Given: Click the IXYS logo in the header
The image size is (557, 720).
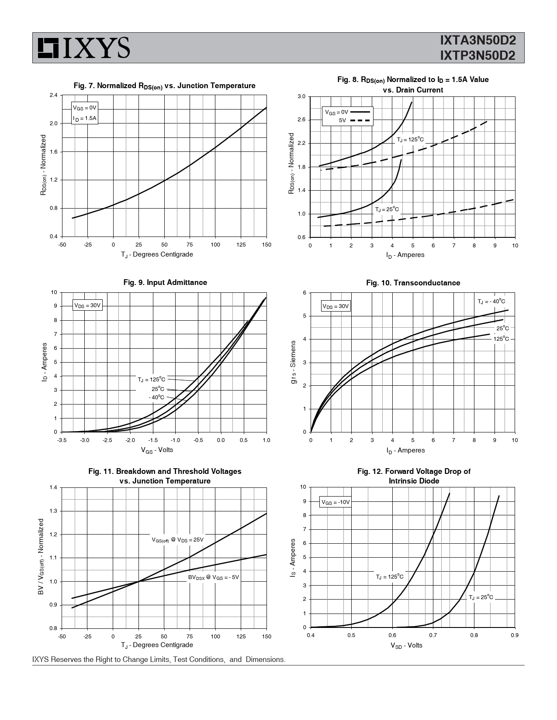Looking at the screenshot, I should pos(83,48).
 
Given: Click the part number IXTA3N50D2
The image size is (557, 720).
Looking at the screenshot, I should pos(478,41).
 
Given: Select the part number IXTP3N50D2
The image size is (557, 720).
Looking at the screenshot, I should pos(478,55).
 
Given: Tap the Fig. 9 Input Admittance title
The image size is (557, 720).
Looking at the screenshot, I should pos(165,282).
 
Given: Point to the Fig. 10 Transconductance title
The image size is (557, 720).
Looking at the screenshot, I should pos(413,283).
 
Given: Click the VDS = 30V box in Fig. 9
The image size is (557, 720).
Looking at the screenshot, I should pos(88,305).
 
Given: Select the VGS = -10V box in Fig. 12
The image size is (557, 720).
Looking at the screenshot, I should pos(336,502).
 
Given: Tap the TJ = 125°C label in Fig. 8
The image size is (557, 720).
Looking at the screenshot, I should pos(410,140).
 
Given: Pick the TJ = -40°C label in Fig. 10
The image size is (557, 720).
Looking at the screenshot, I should pos(491,302).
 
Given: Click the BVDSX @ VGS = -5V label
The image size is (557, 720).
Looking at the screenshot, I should pos(214,577).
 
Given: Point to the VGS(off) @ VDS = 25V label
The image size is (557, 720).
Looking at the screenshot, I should pos(178,540).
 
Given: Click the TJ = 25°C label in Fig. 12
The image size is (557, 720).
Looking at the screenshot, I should pos(481,597).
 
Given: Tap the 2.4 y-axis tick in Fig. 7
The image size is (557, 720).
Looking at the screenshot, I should pos(54,95).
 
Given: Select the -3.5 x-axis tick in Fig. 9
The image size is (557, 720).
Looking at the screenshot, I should pos(62,440).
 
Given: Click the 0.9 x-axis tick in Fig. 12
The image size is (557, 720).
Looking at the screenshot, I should pos(515,635).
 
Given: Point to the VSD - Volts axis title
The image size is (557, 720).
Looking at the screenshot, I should pos(406,645).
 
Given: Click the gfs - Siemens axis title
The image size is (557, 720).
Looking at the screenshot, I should pos(293,363).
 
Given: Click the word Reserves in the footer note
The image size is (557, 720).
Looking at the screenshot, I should pos(66,659).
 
